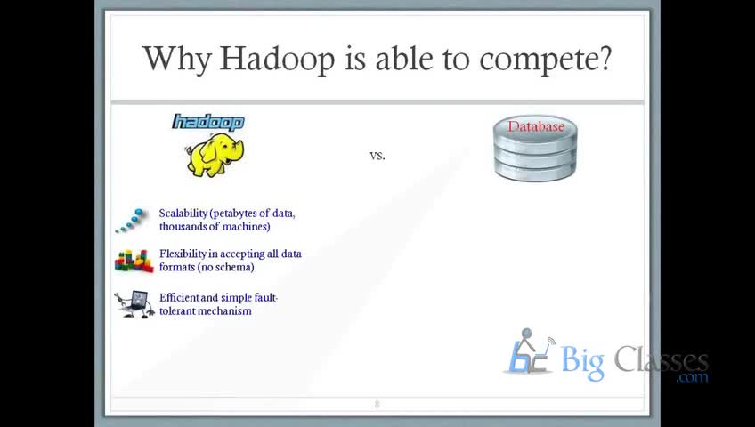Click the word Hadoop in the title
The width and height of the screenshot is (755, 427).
point(277,59)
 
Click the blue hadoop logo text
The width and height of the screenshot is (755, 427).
point(208,122)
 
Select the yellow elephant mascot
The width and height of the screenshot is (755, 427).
point(215,155)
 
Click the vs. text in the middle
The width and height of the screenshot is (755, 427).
point(377,156)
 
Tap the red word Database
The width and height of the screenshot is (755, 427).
point(535,126)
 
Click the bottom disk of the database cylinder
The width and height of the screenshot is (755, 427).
point(535,171)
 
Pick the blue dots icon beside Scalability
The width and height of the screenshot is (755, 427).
point(130,221)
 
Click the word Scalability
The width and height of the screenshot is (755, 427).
point(183,213)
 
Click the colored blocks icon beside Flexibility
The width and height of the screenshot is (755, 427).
point(134,262)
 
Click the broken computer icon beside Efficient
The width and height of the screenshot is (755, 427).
point(134,304)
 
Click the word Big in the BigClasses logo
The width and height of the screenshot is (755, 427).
point(582,361)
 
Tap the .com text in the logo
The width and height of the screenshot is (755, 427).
point(692,377)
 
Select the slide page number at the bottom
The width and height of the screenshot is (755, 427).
point(377,405)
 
